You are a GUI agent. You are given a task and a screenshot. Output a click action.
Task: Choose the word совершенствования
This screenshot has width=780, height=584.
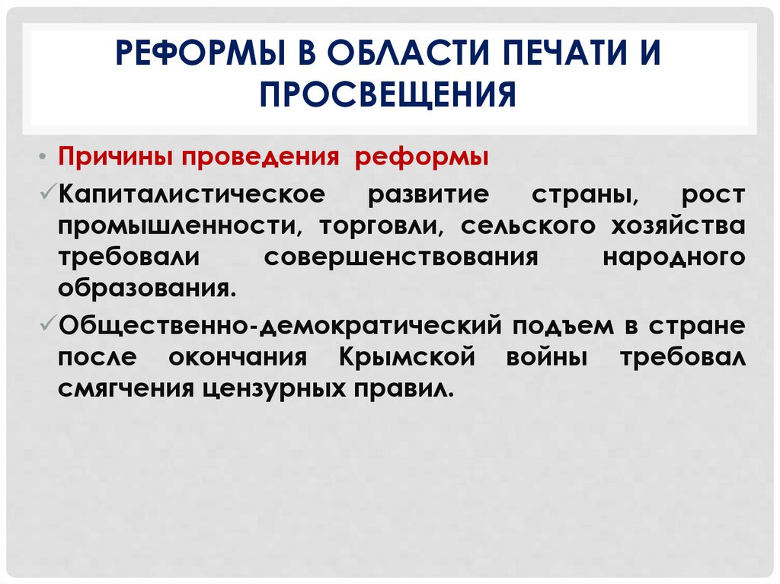point(401,257)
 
